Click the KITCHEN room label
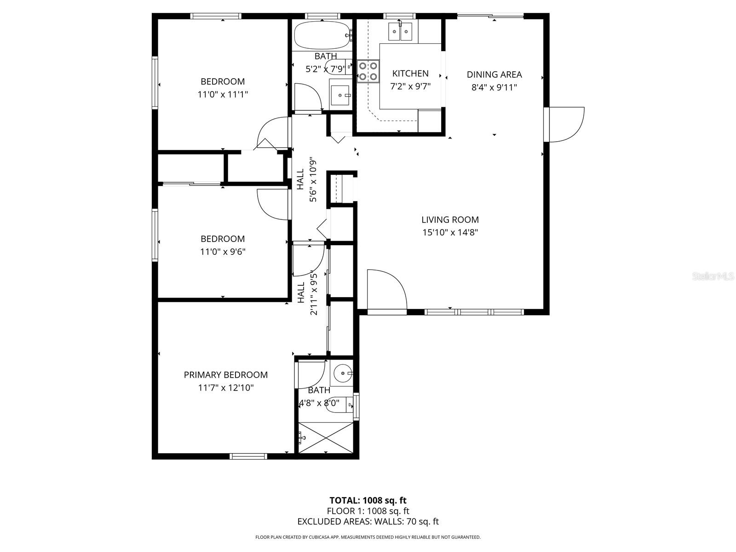click(410, 74)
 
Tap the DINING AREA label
click(494, 75)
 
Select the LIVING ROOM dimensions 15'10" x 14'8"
click(450, 232)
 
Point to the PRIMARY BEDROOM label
click(226, 375)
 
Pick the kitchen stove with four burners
click(368, 71)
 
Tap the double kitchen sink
click(400, 32)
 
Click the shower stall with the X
click(326, 438)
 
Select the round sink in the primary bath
click(342, 373)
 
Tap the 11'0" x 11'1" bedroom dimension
click(223, 94)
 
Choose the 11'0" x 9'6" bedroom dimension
click(223, 252)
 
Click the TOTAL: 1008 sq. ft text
click(368, 500)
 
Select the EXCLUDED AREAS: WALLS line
click(368, 522)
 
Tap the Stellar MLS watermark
click(713, 276)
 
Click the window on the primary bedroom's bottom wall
click(248, 456)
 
